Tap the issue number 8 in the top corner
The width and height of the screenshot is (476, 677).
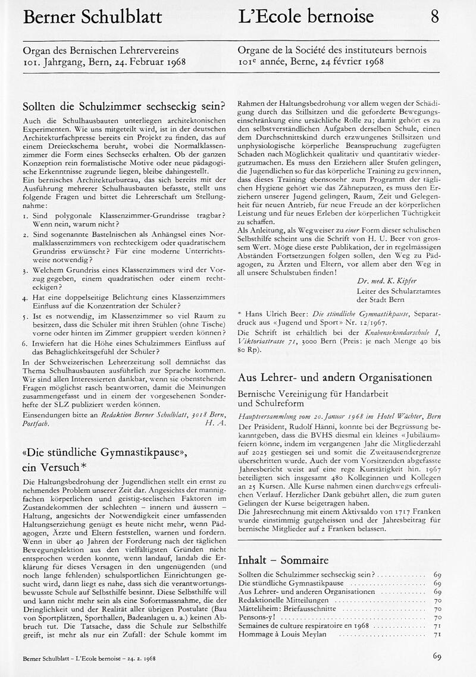tap(434, 16)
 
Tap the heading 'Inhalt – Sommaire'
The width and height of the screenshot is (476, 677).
tap(283, 560)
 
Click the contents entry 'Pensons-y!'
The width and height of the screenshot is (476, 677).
tap(257, 618)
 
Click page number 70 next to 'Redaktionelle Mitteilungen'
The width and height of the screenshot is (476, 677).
tap(437, 601)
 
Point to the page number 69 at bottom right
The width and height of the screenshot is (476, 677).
tap(436, 657)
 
